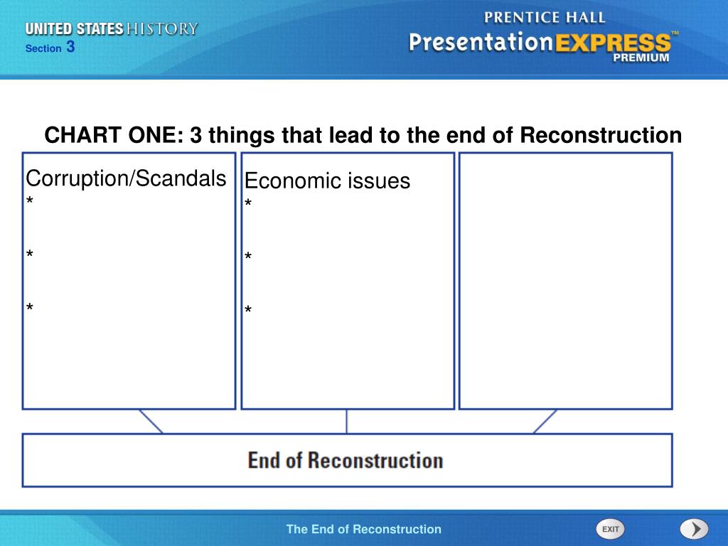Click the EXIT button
[610, 529]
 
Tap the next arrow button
[694, 529]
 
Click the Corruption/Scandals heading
[126, 178]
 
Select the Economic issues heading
[327, 181]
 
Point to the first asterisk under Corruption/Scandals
[30, 200]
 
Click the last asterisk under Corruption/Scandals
[30, 307]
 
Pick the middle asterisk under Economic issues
[248, 256]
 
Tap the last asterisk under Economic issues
[248, 309]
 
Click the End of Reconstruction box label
[346, 461]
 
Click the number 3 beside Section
[70, 47]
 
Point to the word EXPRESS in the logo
[613, 43]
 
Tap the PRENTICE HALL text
[545, 18]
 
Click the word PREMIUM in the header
[641, 58]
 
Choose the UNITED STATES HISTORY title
[112, 28]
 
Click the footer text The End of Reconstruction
[363, 529]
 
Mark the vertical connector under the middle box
[346, 422]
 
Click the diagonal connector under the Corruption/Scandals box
[151, 422]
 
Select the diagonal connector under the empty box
[545, 422]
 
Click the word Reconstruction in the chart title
[601, 135]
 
